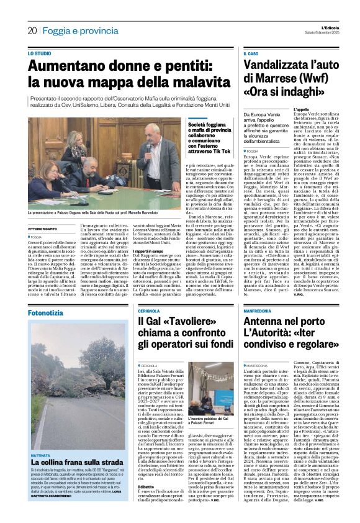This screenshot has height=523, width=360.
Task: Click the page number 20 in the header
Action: point(32,30)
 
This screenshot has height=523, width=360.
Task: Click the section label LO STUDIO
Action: point(40,55)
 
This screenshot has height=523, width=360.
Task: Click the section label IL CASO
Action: point(250,55)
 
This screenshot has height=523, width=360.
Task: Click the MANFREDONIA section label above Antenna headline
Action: point(263,311)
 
